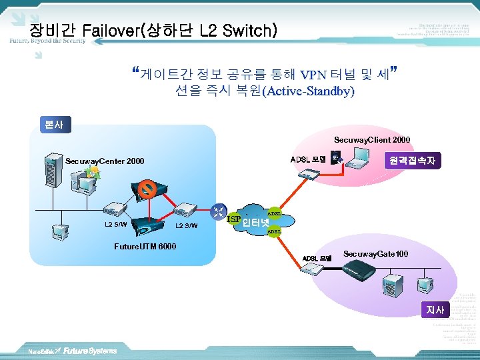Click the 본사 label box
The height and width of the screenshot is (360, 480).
pos(50,124)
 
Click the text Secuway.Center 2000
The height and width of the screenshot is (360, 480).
pos(105,161)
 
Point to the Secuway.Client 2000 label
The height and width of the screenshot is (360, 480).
pos(372,140)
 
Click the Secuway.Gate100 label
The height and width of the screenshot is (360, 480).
pos(375,254)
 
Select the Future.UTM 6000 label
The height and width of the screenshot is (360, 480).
pos(145,247)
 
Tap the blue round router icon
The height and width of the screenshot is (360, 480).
pos(219,212)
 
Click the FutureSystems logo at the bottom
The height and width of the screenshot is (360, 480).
pos(90,351)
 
